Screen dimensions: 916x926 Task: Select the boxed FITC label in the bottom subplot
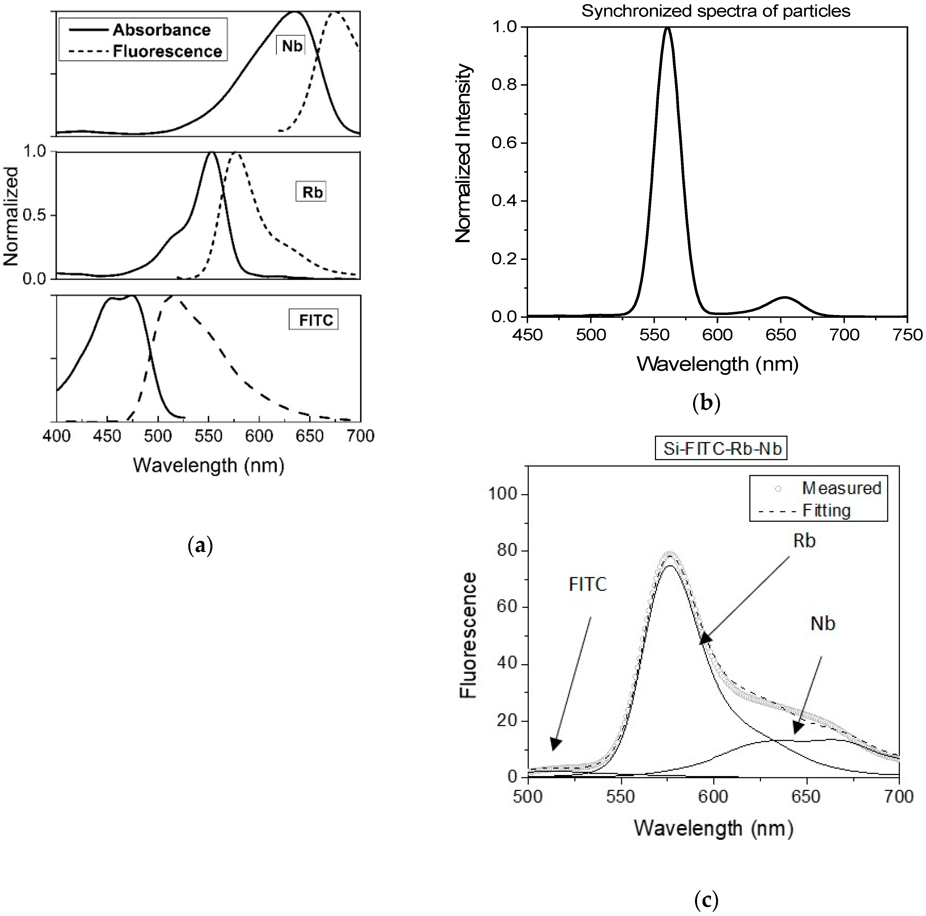[x=314, y=320]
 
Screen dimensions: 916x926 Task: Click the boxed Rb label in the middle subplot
[x=311, y=192]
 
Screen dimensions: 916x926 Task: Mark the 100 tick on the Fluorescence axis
[x=507, y=495]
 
